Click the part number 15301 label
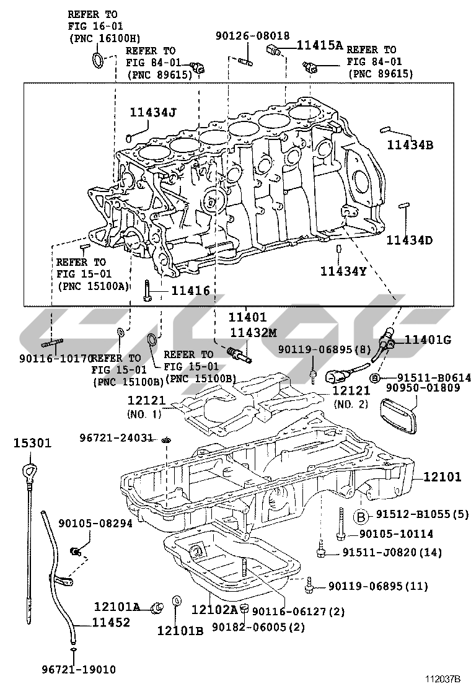click(33, 443)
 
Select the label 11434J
click(153, 112)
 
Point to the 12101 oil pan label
click(443, 476)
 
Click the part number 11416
click(191, 290)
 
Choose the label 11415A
click(320, 45)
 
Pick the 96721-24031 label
click(116, 437)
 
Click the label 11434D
click(410, 239)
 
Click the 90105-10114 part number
click(396, 533)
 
